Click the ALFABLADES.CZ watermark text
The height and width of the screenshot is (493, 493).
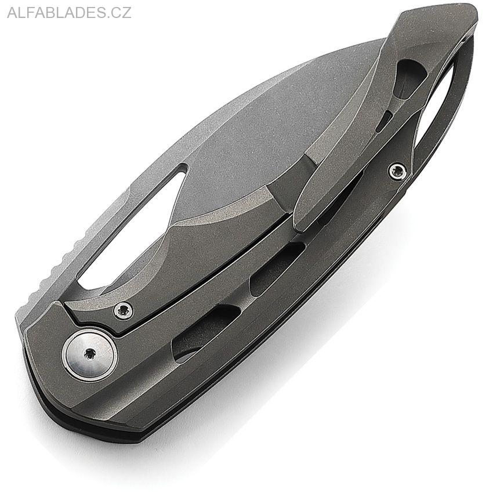click(69, 13)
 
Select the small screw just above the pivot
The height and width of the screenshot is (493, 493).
click(123, 311)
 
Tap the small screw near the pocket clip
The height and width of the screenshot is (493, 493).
click(397, 171)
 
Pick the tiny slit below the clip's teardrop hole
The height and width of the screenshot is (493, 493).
click(383, 122)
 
